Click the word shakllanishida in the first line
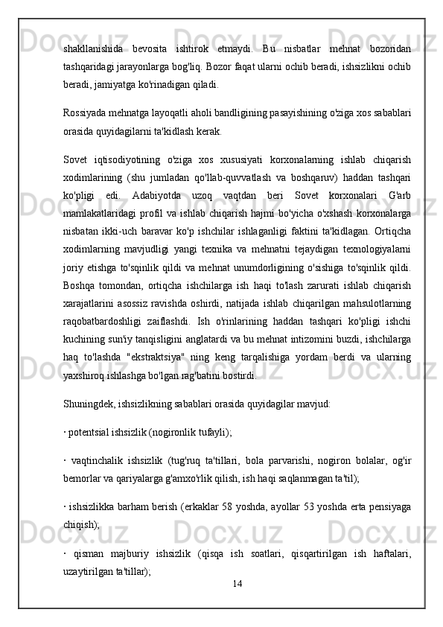coord(92,48)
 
